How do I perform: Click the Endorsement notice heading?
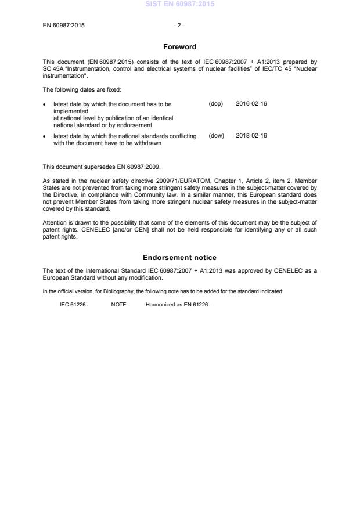180,257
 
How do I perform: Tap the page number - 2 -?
179,26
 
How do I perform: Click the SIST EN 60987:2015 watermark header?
180,4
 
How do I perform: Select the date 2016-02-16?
251,104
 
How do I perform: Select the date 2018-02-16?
251,136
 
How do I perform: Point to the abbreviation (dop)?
216,104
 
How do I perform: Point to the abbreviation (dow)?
216,136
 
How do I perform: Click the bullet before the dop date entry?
45,104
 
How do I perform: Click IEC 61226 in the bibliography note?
73,304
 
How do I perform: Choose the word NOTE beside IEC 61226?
118,304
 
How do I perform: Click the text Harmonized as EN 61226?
177,304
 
